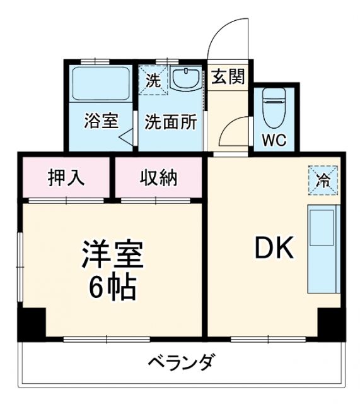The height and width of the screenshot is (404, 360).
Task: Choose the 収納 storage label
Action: coord(158,178)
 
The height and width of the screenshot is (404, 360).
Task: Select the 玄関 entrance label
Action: coord(228,78)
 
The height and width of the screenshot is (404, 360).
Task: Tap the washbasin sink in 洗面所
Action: coord(185,80)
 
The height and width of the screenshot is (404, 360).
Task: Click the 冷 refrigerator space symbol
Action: coord(323,179)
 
